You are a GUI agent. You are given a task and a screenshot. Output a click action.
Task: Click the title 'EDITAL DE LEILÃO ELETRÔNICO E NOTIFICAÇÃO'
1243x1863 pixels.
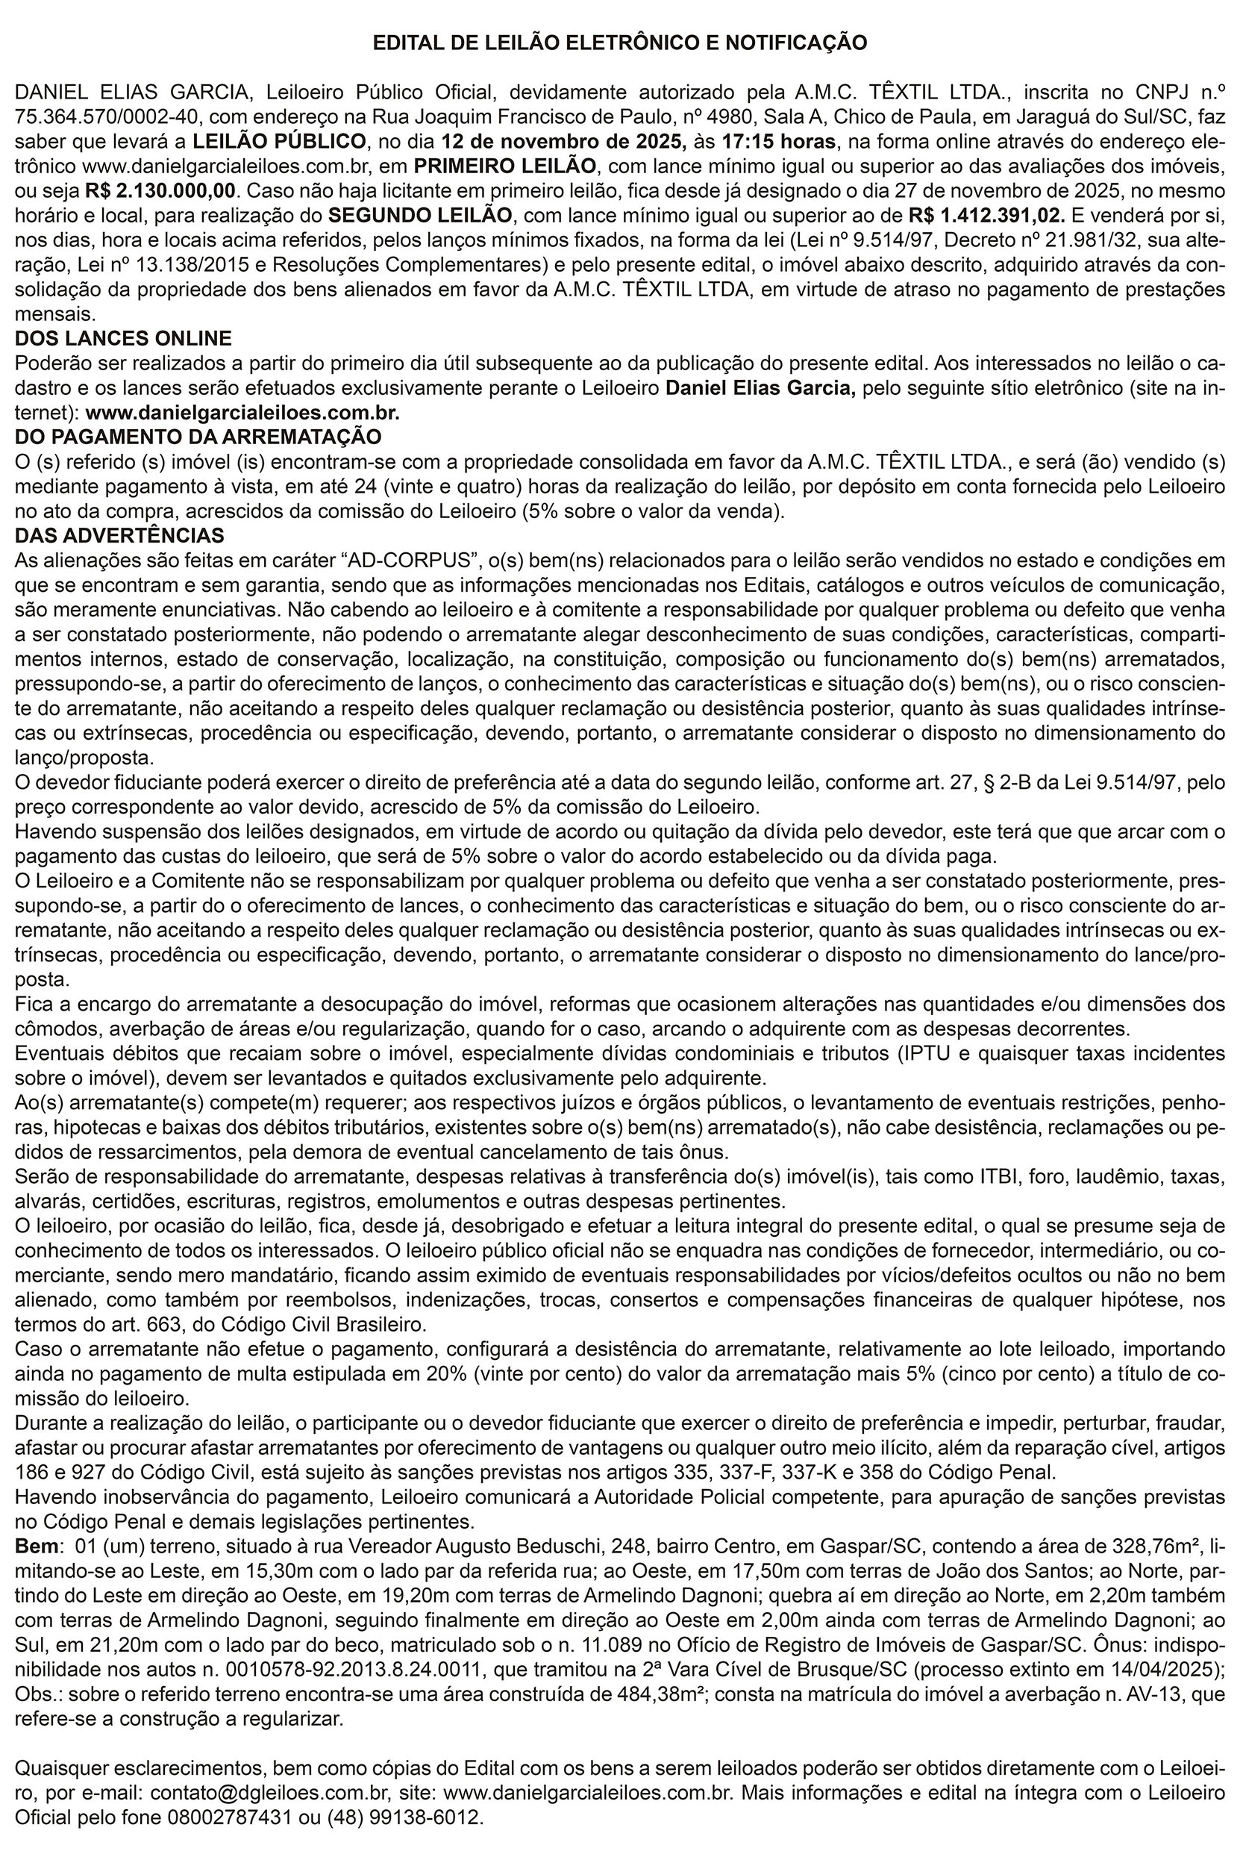621,43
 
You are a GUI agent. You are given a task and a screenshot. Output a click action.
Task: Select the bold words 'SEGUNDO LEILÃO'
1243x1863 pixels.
420,216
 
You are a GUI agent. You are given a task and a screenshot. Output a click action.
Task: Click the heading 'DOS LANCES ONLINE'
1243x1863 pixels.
124,339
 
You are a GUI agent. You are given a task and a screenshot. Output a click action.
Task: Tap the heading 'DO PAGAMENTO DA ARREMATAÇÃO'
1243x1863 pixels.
198,437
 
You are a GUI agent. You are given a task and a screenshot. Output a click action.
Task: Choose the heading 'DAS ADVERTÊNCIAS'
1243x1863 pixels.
119,535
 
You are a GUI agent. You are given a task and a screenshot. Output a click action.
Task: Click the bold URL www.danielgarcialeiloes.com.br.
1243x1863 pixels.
242,414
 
